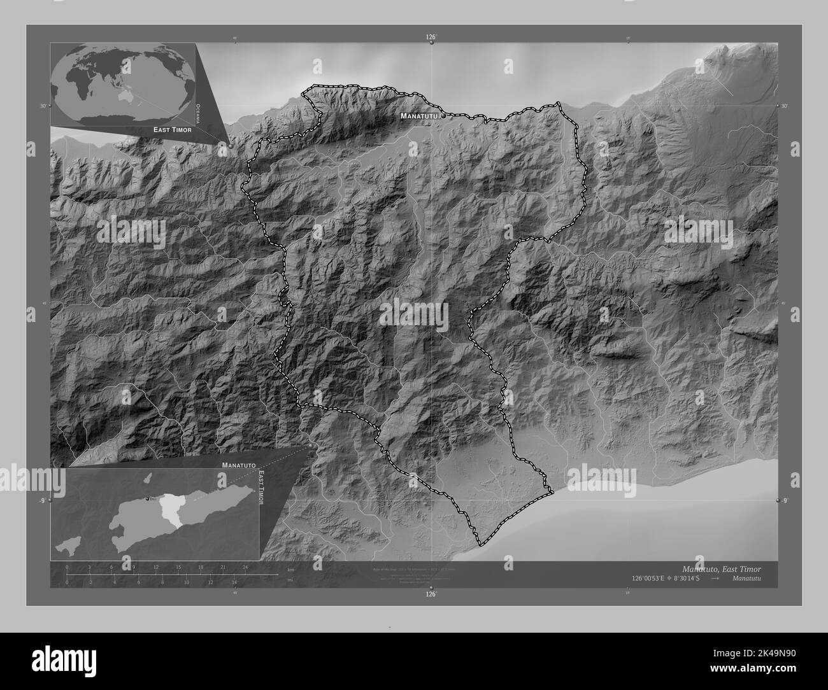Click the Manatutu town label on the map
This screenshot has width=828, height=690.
(x=420, y=116)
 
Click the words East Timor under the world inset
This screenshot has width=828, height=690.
(x=172, y=129)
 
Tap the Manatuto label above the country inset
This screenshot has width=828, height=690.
(x=239, y=466)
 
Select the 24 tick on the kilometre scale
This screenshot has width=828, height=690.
(x=245, y=567)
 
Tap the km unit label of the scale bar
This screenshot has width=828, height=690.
(x=290, y=569)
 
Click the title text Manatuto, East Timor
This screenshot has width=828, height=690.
(x=721, y=568)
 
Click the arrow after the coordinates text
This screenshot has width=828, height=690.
(x=715, y=579)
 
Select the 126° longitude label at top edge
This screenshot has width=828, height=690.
(x=431, y=38)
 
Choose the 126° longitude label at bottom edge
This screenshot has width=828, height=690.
(x=431, y=595)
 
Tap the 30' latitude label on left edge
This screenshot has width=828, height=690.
(x=43, y=106)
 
